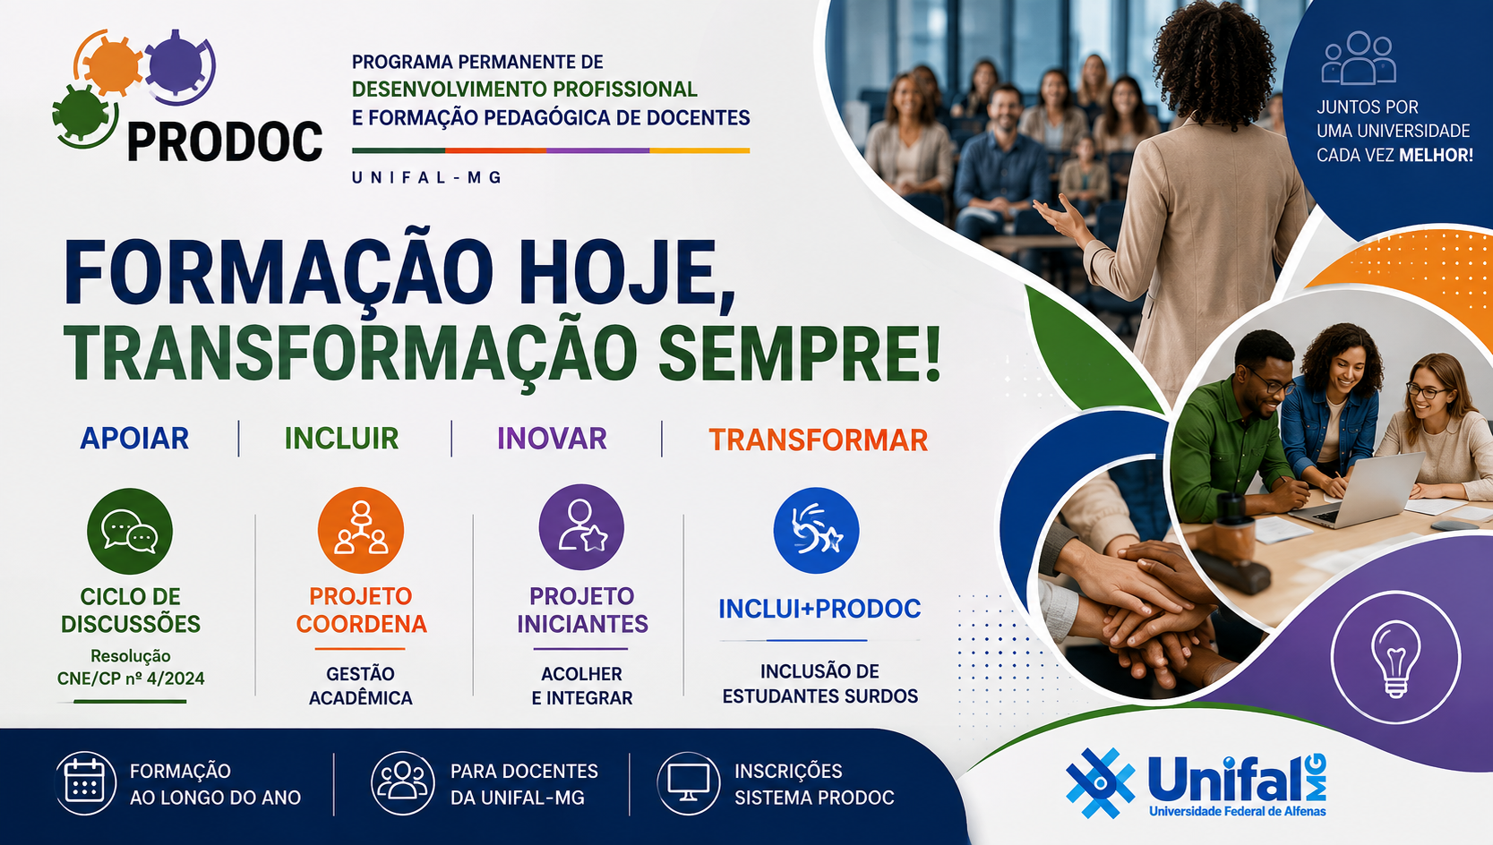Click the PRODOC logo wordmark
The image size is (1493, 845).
[x=225, y=142]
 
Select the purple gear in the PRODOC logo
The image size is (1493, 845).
[x=176, y=64]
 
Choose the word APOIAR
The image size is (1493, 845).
[x=134, y=439]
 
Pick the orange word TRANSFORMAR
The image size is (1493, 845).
[x=818, y=440]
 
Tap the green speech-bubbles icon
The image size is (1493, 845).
[x=130, y=531]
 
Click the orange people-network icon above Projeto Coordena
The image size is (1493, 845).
[x=361, y=530]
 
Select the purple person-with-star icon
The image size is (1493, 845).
[x=581, y=527]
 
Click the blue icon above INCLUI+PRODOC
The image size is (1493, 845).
[x=816, y=531]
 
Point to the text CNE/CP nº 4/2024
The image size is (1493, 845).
[x=131, y=679]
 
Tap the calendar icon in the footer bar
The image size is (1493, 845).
[x=85, y=783]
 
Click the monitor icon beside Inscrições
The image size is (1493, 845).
[x=688, y=783]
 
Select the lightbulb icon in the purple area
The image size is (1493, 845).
[x=1395, y=658]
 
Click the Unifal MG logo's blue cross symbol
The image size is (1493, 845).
[x=1101, y=783]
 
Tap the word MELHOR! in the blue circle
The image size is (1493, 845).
[x=1436, y=155]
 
